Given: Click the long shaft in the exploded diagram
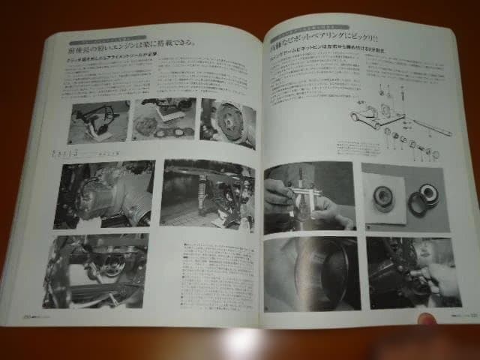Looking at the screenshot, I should tap(431, 126).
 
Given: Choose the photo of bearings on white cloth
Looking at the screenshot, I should tap(404, 196).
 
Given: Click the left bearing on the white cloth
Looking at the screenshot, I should tap(383, 197).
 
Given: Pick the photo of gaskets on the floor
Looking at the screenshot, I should tap(163, 120).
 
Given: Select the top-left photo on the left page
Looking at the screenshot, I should tap(98, 122).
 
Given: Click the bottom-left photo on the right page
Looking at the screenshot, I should tap(307, 273).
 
